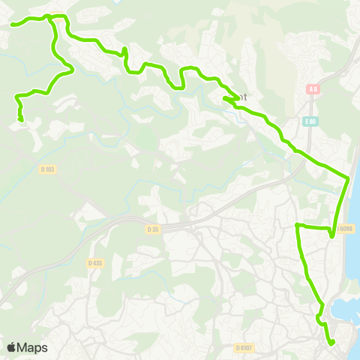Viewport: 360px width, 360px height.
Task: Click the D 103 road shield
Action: point(46,169)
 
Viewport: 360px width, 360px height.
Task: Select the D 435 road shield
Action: point(94,262)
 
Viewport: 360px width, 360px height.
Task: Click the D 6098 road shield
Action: point(344,229)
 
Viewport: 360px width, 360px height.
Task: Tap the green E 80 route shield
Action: point(310,121)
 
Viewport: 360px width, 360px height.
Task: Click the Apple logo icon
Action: point(11,347)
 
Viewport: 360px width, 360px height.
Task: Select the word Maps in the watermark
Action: point(32,347)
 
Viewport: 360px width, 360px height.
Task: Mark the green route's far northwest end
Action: point(13,25)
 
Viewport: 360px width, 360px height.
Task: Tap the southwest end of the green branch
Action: point(21,119)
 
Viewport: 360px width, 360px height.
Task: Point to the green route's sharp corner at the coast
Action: point(349,178)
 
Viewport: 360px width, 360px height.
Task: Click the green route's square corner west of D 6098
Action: point(298,225)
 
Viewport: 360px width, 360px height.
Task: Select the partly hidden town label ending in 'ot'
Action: point(241,97)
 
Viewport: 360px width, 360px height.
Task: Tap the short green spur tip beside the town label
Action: point(224,98)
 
